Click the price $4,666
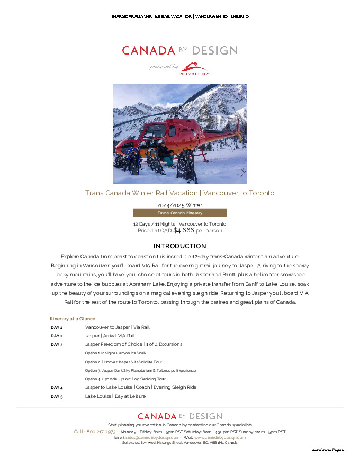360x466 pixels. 184,230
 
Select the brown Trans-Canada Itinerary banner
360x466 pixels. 180,213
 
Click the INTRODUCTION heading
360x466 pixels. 180,246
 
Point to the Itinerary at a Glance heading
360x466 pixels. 73,319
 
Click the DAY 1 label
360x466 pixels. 57,328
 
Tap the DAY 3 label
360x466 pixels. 57,344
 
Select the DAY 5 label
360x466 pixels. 57,396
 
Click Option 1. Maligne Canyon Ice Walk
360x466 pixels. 115,353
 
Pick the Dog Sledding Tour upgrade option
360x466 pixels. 125,379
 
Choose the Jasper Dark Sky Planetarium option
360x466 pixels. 140,371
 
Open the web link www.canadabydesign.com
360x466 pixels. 220,438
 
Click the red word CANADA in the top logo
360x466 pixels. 148,51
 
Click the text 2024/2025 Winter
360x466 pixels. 180,205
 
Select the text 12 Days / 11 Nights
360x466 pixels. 154,225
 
